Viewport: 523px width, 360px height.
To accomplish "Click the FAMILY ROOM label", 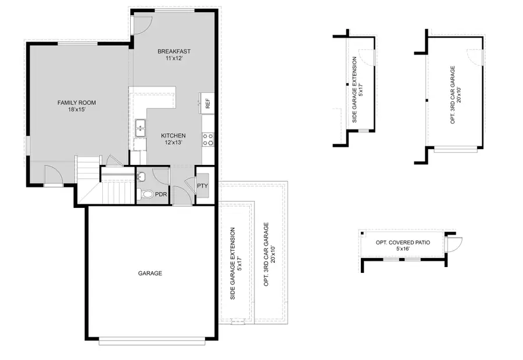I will pyautogui.click(x=76, y=103).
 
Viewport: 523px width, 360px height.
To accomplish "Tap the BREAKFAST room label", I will pyautogui.click(x=174, y=52).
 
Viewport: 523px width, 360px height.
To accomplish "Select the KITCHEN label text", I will pyautogui.click(x=173, y=136).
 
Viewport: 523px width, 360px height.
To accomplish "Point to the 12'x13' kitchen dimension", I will pyautogui.click(x=173, y=143).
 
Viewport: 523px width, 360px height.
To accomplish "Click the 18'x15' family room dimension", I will pyautogui.click(x=76, y=110).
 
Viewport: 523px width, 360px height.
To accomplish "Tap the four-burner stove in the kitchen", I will pyautogui.click(x=207, y=139).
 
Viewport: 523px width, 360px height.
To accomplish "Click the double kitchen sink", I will pyautogui.click(x=140, y=128).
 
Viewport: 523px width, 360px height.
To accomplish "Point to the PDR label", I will pyautogui.click(x=160, y=195).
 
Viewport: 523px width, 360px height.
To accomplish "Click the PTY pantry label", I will pyautogui.click(x=202, y=186).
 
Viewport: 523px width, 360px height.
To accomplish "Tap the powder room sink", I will pyautogui.click(x=141, y=176).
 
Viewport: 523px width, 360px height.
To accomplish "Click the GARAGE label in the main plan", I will pyautogui.click(x=150, y=273).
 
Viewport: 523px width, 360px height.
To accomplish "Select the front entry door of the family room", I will pyautogui.click(x=52, y=175).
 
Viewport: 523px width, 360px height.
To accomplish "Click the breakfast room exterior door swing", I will pyautogui.click(x=142, y=23).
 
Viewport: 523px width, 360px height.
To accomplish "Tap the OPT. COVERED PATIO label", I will pyautogui.click(x=403, y=242).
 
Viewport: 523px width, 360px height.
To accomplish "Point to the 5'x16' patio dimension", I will pyautogui.click(x=403, y=249).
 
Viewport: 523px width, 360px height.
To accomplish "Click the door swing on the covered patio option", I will pyautogui.click(x=453, y=243).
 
